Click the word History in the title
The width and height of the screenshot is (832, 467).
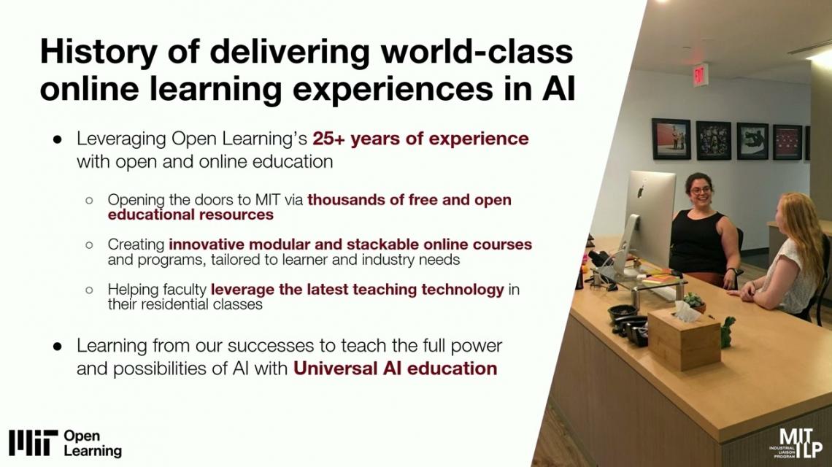pyautogui.click(x=99, y=52)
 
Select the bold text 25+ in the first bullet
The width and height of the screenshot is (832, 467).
pyautogui.click(x=328, y=139)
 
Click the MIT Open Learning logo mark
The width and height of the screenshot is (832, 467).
pyautogui.click(x=33, y=443)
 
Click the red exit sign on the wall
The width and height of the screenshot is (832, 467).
pyautogui.click(x=699, y=75)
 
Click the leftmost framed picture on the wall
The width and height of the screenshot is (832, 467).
pyautogui.click(x=671, y=139)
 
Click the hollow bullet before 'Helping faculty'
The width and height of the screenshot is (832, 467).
pyautogui.click(x=89, y=290)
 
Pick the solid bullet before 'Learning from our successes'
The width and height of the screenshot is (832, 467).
pyautogui.click(x=58, y=347)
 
